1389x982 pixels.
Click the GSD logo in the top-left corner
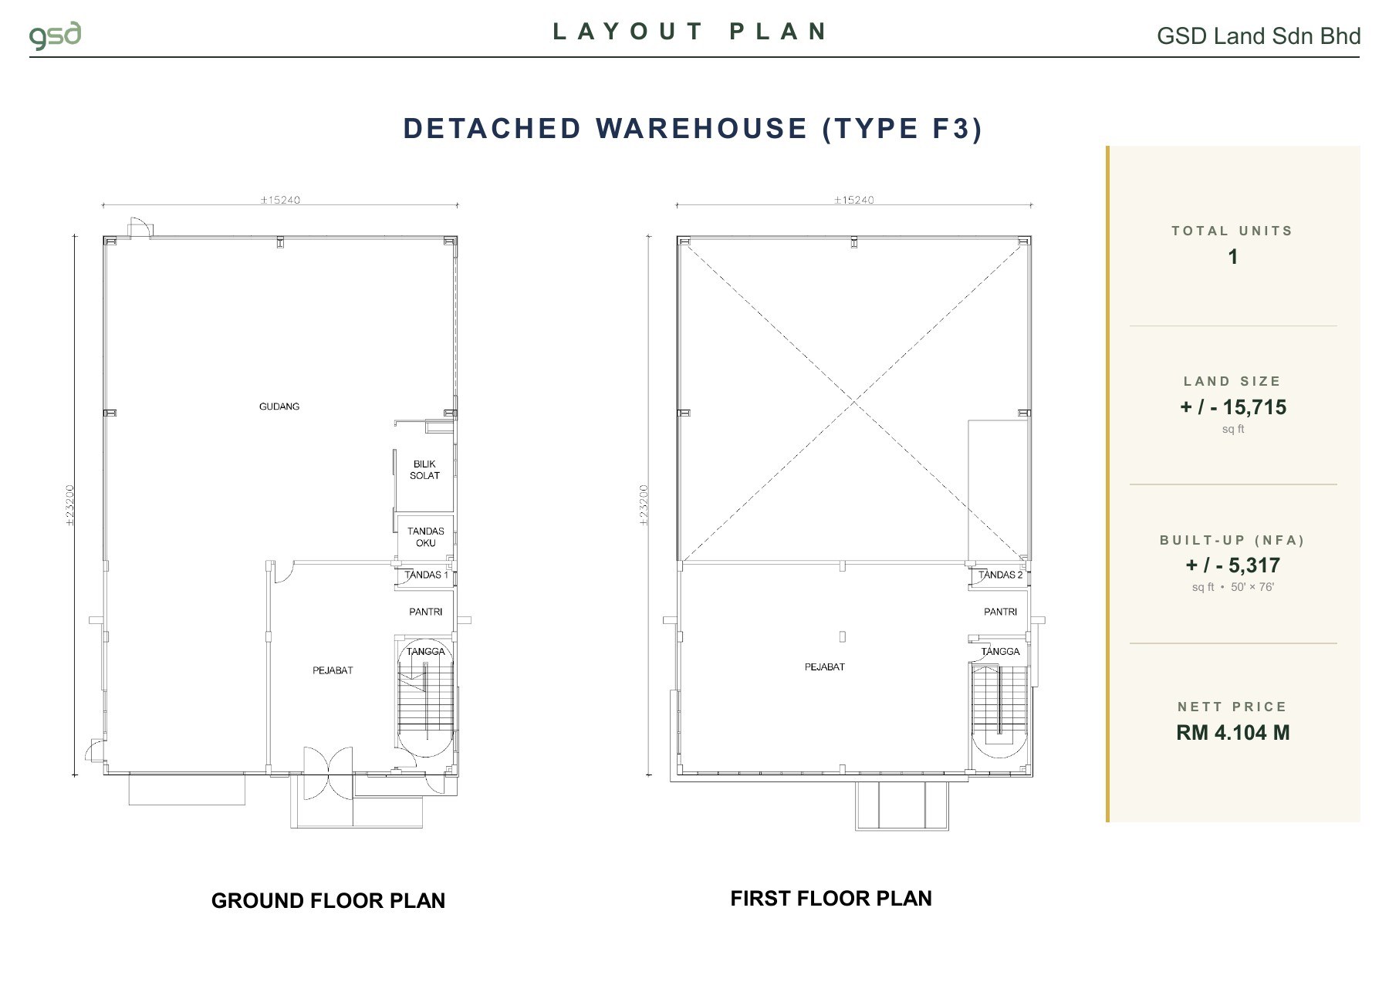[55, 36]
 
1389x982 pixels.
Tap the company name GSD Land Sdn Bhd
[1259, 36]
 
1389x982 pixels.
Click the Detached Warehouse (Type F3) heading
[693, 128]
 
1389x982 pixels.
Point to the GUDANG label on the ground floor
[279, 407]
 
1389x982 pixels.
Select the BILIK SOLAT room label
[424, 470]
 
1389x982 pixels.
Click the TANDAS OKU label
[426, 537]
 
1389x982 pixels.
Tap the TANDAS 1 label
[426, 575]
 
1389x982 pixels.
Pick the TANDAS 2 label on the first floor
[1000, 575]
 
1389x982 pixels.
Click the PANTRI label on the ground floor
[426, 612]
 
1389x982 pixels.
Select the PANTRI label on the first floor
[1000, 612]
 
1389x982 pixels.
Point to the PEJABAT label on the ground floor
[333, 670]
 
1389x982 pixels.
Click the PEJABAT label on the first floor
[825, 666]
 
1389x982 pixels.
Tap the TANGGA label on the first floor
[1000, 651]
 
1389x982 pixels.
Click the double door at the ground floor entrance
[328, 774]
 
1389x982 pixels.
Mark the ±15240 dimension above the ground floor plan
[280, 200]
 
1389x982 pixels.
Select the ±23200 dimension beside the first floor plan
[644, 505]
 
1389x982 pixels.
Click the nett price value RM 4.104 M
[1232, 733]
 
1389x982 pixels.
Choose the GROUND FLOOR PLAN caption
[328, 900]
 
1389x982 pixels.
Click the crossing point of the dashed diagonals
[854, 401]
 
